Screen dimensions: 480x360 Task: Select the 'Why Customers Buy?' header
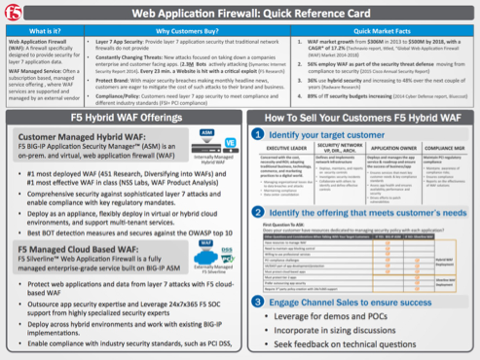pos(187,32)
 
